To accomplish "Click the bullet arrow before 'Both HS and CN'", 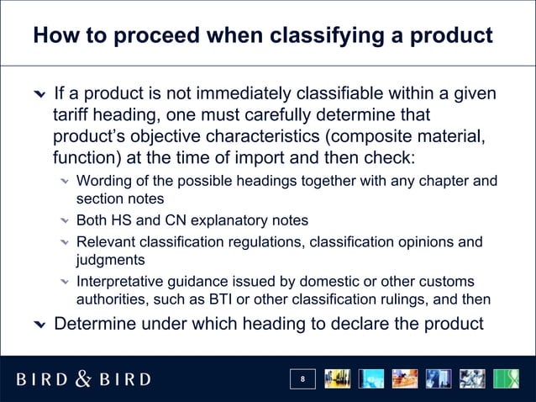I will [x=64, y=221].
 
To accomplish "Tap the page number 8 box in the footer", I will [x=303, y=380].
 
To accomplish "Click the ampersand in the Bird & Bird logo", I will [x=84, y=379].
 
